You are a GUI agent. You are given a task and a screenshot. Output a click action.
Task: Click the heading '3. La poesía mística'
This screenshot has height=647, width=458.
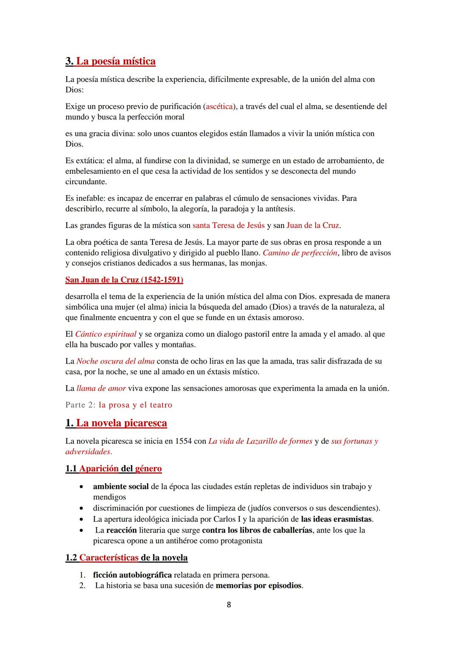point(110,61)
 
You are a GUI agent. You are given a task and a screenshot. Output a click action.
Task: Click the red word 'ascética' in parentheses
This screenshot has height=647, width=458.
point(218,106)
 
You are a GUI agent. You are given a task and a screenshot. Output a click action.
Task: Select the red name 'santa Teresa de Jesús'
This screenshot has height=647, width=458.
point(229,225)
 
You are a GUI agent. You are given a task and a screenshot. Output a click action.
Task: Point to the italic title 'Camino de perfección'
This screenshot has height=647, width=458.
point(300,253)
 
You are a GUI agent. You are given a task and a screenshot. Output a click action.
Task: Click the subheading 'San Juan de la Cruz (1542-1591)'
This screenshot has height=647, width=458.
point(124,280)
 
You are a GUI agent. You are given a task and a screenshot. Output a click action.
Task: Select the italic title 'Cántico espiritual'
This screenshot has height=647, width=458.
point(106,334)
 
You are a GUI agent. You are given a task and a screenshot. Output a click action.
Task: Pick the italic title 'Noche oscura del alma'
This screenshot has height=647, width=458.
point(115,361)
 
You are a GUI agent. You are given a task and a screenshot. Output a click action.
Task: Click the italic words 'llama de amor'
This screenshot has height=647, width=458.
point(101,389)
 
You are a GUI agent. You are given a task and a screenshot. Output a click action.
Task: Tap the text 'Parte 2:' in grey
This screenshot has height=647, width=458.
point(81,405)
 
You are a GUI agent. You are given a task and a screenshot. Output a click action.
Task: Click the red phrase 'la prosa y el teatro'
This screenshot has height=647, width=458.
point(135,405)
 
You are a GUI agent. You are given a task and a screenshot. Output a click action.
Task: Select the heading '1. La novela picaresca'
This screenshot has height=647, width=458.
point(116,423)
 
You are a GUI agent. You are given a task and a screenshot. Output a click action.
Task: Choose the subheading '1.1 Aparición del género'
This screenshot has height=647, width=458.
point(114,469)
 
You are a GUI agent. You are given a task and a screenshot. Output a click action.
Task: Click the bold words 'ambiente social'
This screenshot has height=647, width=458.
point(121,487)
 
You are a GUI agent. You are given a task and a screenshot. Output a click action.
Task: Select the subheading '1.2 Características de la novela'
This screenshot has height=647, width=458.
point(126,558)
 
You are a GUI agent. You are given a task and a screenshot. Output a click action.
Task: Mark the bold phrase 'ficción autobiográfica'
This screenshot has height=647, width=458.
point(132,575)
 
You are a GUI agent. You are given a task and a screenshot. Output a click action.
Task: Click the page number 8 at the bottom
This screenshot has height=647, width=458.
point(229,605)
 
